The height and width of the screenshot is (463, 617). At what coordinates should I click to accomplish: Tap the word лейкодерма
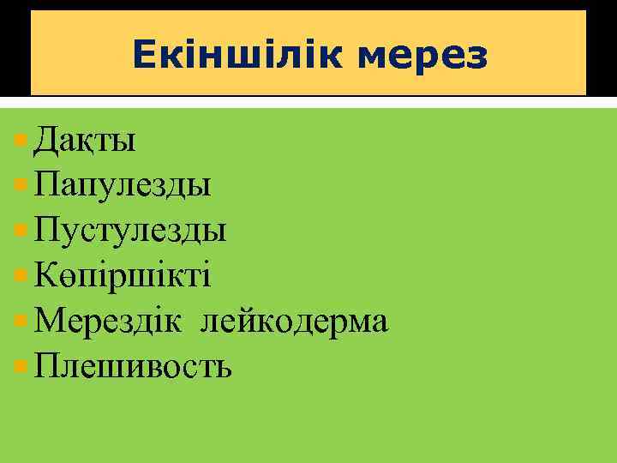pos(295,322)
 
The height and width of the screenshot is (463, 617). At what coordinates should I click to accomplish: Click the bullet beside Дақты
pos(21,138)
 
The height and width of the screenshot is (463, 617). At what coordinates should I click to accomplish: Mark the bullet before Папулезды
pos(21,183)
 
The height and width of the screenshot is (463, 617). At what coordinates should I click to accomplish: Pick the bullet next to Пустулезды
pos(21,229)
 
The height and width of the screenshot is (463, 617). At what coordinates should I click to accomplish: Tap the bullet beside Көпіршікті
pos(21,274)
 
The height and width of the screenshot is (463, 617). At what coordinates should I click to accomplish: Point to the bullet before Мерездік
pos(21,321)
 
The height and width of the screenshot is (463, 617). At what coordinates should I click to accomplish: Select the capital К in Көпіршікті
pos(45,276)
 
